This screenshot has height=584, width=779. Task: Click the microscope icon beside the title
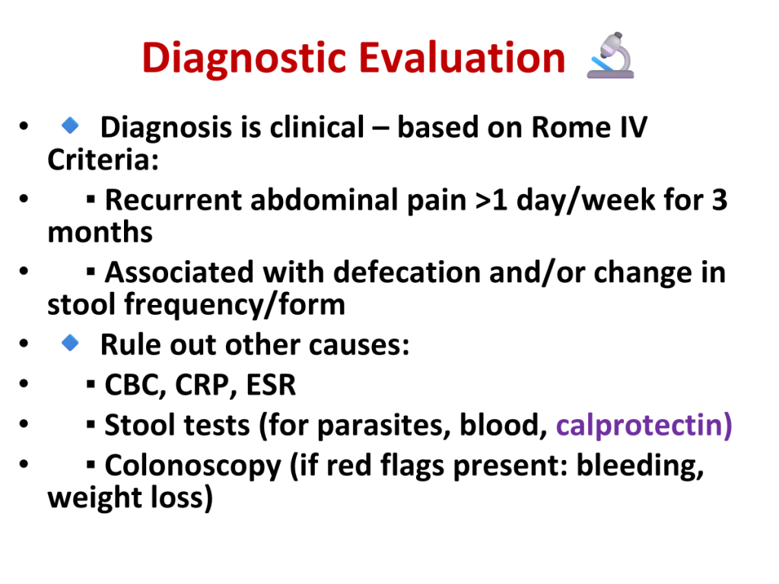point(610,56)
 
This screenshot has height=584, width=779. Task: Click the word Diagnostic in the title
point(244,59)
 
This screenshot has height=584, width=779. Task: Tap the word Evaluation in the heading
point(462,58)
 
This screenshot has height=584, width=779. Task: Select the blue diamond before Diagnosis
point(70,125)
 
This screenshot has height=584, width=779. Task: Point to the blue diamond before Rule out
point(70,342)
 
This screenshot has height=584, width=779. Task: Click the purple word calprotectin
point(644,426)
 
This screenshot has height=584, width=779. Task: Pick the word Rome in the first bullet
point(571,127)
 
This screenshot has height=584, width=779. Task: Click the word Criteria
point(103,160)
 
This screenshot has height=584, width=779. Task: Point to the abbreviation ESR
point(271,385)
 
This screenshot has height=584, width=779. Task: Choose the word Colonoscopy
point(192,466)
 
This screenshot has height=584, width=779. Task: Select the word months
point(100,233)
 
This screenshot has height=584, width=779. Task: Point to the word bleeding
point(640,466)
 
